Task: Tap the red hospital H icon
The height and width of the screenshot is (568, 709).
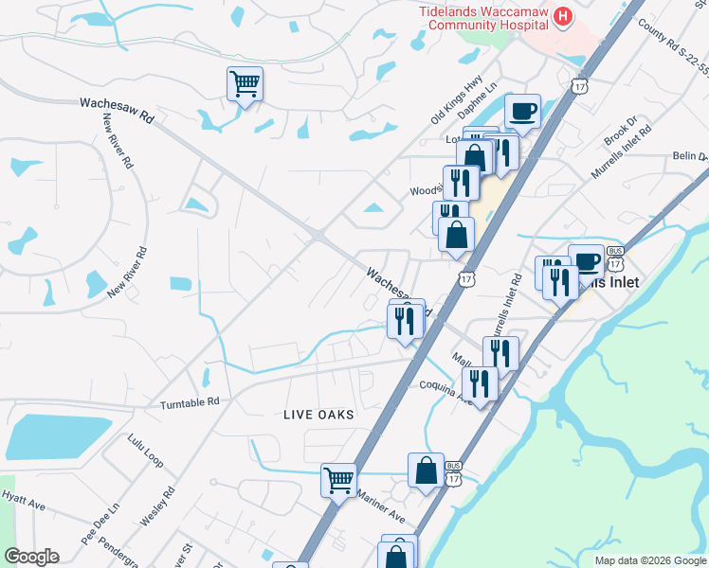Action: coord(563,16)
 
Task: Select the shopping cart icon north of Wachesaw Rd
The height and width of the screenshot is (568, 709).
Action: coord(245,84)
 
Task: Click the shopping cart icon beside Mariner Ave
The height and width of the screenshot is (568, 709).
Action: coord(338,479)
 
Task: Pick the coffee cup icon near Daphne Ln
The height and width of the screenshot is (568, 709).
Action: coord(522,112)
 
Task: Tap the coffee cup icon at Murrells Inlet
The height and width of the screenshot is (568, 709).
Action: coord(586,261)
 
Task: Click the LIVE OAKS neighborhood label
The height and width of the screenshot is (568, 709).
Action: coord(318,415)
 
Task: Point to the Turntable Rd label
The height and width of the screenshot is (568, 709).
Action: coord(190,401)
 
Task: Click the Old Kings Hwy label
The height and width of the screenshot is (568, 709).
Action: coord(457,99)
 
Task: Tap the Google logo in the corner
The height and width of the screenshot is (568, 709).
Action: coord(31,557)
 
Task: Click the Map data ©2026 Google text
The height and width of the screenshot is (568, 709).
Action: coord(650,560)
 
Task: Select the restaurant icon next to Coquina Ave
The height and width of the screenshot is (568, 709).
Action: coord(480,383)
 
